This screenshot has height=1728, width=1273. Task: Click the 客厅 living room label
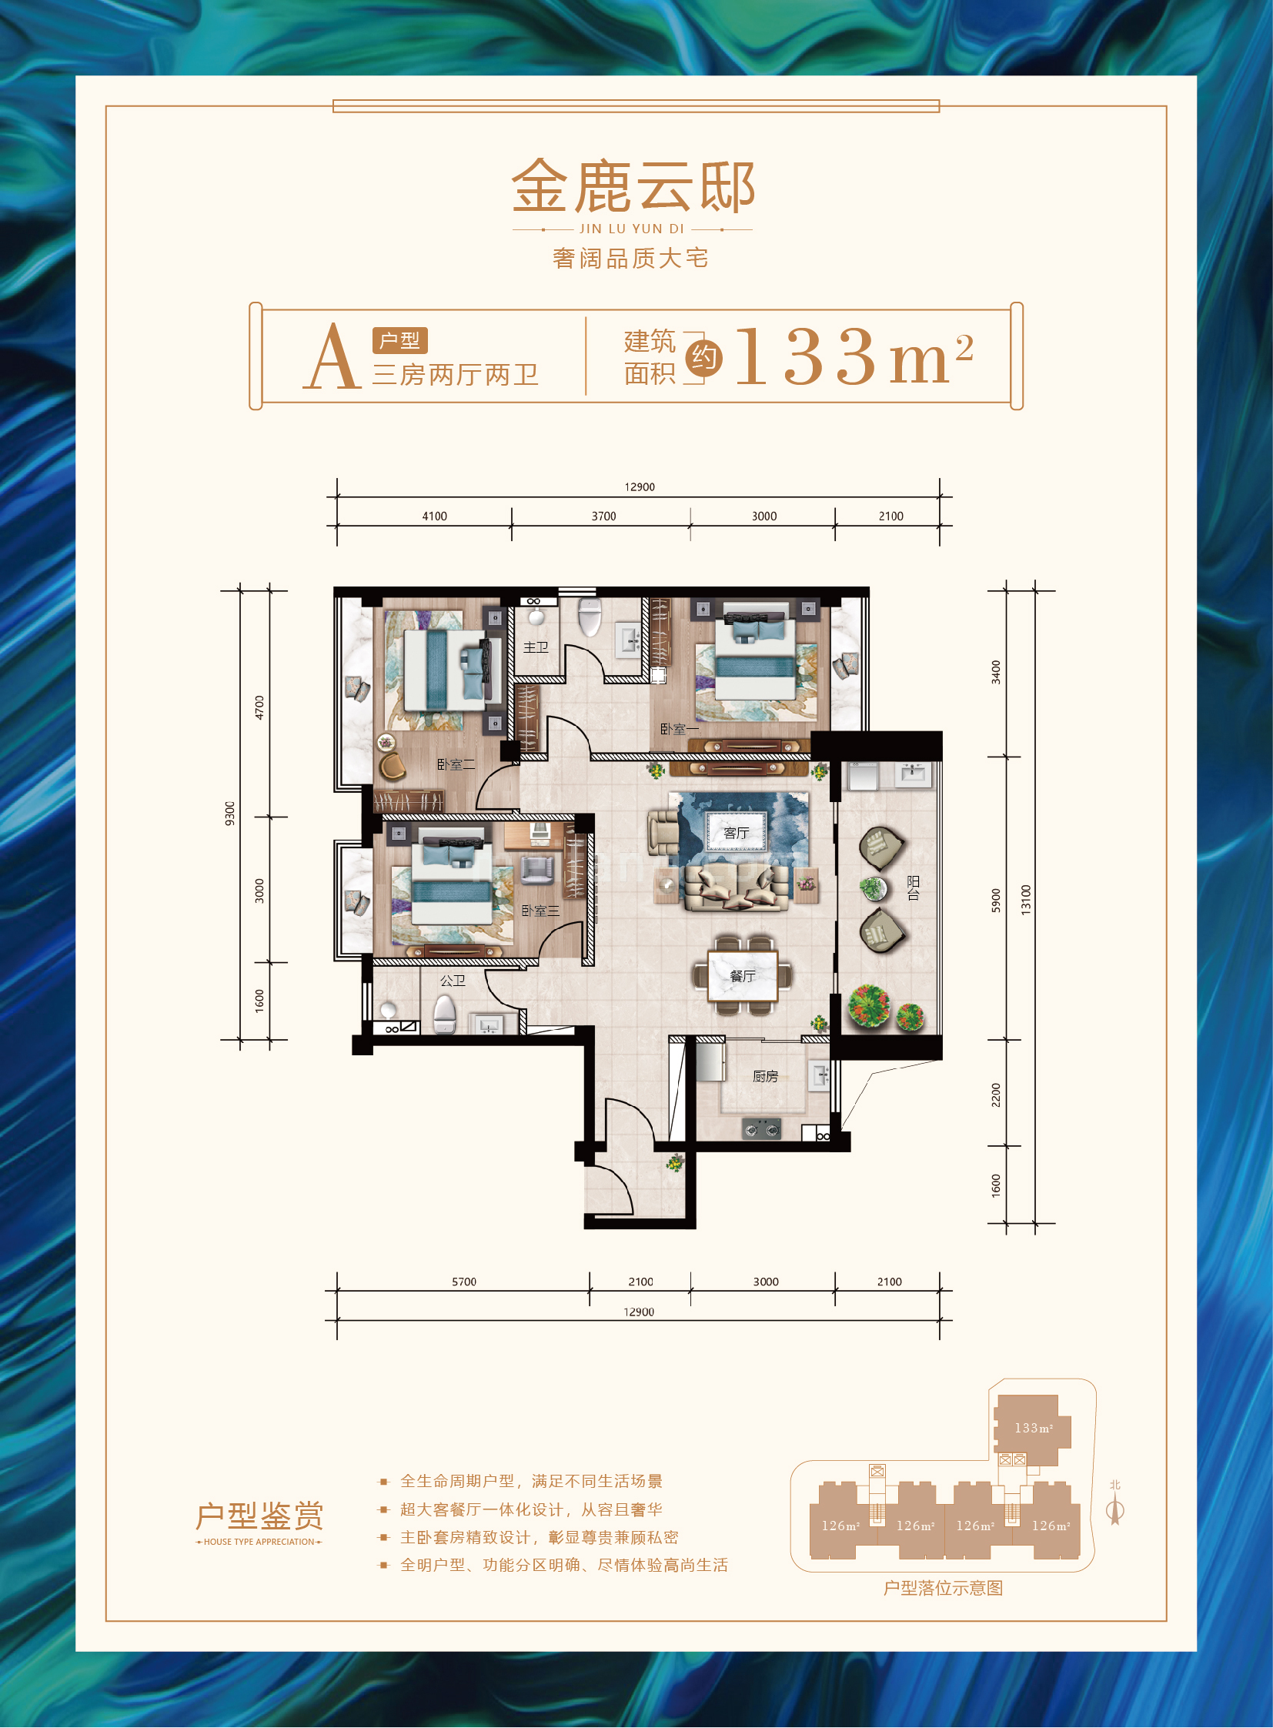(737, 832)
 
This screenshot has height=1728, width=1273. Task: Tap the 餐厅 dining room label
(742, 976)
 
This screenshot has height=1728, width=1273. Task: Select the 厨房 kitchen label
(765, 1076)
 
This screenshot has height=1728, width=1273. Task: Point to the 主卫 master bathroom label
(536, 647)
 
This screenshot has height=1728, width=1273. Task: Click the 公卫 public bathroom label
(453, 981)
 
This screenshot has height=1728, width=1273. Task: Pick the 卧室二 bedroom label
(456, 764)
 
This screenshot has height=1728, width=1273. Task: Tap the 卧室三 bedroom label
(540, 911)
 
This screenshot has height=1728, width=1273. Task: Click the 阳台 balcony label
(913, 888)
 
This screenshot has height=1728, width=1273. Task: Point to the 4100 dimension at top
(435, 516)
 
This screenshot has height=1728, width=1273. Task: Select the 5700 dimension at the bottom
(464, 1282)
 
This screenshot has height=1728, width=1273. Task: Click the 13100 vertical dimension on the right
(1026, 900)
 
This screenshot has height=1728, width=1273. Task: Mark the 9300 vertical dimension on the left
(229, 813)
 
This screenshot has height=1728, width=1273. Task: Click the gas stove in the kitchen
(761, 1129)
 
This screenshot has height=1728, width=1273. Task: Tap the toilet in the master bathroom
(590, 617)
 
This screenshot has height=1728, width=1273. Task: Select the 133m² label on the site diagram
(1034, 1428)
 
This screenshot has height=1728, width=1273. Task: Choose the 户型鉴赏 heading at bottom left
(259, 1516)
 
